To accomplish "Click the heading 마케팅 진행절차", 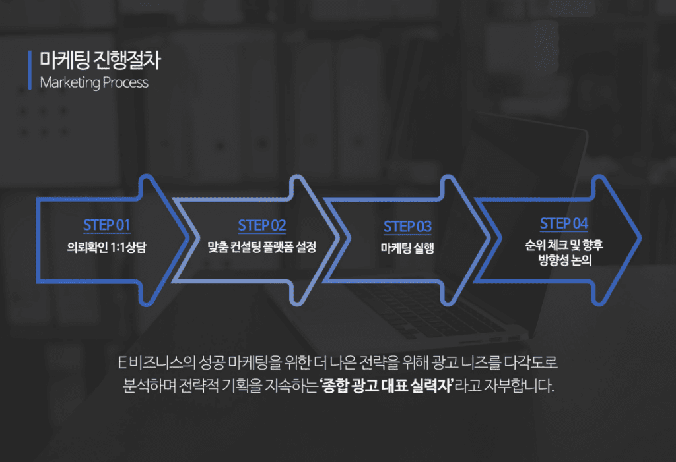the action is (x=100, y=60).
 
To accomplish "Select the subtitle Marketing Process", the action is (x=94, y=82).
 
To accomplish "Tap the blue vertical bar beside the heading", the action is (x=30, y=70).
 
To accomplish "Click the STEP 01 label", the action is (x=106, y=225).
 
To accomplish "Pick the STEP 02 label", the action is (x=262, y=225).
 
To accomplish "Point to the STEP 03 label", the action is (x=407, y=227).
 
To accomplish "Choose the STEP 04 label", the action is (x=564, y=224).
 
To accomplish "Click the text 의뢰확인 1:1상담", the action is (x=107, y=248).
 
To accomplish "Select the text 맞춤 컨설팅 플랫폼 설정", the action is (x=262, y=247).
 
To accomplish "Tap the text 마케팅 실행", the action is (x=407, y=248).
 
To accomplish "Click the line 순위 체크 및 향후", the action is (x=564, y=245).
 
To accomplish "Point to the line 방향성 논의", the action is (x=565, y=260).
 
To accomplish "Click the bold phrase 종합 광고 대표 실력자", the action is (x=387, y=386).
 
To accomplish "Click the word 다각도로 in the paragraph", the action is (x=531, y=362).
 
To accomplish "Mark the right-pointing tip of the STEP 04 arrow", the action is (x=641, y=238).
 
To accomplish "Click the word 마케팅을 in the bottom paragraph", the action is (x=254, y=362).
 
